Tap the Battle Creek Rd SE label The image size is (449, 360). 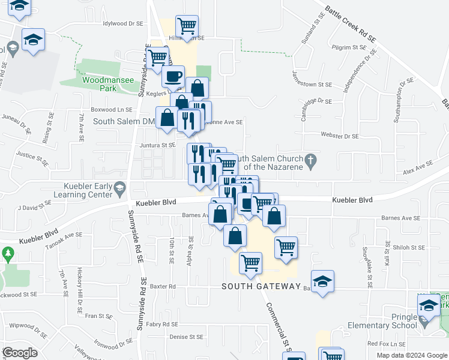point(351,25)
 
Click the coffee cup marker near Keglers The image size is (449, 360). point(173,77)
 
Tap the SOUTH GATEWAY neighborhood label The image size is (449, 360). point(260,286)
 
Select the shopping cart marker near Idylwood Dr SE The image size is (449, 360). point(187,26)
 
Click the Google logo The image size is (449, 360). point(20,353)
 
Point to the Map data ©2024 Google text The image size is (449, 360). point(411,355)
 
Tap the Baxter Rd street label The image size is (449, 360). point(163,286)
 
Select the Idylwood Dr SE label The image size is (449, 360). point(123,23)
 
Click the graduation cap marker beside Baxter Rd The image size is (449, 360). point(322,281)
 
